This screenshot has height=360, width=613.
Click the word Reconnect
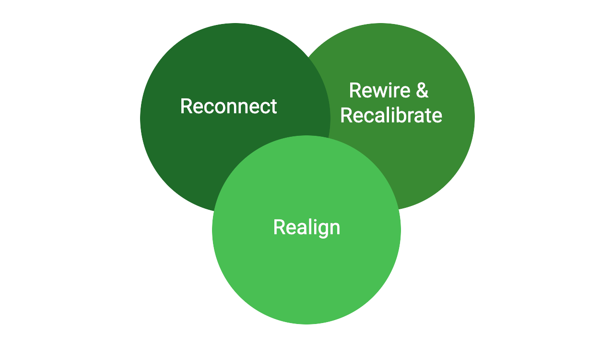[228, 106]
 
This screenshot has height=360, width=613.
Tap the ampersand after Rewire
[422, 90]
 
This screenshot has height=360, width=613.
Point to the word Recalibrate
[391, 115]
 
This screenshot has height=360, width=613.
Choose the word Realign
[306, 227]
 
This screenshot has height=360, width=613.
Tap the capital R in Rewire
[355, 90]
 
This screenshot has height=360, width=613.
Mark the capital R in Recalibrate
[346, 115]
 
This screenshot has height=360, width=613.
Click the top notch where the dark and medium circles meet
[307, 57]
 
